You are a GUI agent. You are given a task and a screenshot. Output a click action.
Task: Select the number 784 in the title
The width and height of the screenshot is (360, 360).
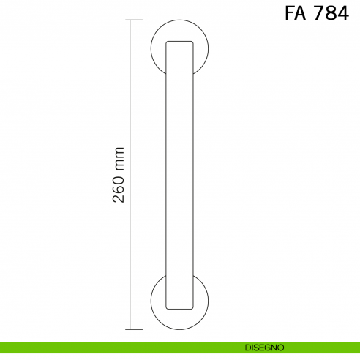coord(331,14)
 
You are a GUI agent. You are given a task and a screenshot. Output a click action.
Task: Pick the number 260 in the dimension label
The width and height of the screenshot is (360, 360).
coord(120,192)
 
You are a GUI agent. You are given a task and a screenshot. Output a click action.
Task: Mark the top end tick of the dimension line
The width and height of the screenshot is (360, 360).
coord(130,20)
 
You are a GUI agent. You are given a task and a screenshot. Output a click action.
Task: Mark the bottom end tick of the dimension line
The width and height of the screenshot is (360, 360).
coord(130,330)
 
